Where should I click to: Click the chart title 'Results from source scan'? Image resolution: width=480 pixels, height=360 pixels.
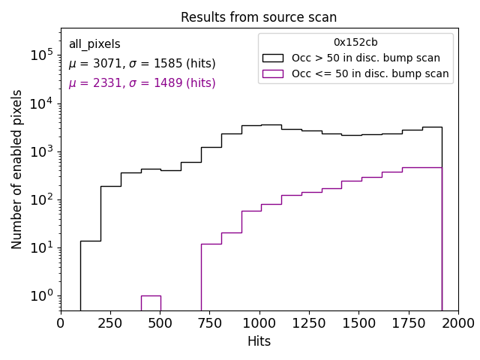coord(259,17)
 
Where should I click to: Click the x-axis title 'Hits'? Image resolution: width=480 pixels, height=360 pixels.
coord(259,341)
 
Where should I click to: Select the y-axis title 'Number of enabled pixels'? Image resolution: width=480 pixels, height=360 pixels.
coord(17,169)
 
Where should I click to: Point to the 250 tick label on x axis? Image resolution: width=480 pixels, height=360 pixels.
coord(110,322)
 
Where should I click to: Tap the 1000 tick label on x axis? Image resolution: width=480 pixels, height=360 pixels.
coord(259,322)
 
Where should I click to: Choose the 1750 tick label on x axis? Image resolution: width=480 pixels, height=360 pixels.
coord(408,322)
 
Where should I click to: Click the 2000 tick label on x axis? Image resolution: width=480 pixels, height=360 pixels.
coord(457,322)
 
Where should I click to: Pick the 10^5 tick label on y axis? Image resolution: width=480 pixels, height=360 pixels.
coord(40,55)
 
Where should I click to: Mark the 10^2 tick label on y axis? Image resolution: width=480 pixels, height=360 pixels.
coord(40,199)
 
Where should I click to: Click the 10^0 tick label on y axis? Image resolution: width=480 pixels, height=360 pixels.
coord(40,295)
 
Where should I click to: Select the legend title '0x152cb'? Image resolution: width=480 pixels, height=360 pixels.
coord(355,43)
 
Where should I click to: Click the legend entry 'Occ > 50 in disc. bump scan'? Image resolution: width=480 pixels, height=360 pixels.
coord(365,58)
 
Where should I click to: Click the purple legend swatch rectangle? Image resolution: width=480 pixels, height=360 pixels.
coord(273,73)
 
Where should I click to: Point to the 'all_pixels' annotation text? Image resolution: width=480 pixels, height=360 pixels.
coord(94,44)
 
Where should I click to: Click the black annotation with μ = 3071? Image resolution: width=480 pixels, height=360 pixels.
coord(142,64)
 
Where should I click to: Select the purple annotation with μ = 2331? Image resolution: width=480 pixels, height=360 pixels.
coord(142,83)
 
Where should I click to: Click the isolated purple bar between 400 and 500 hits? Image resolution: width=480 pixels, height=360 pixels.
coord(151,302)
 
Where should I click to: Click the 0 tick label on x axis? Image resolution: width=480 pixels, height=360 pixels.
coord(61,322)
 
